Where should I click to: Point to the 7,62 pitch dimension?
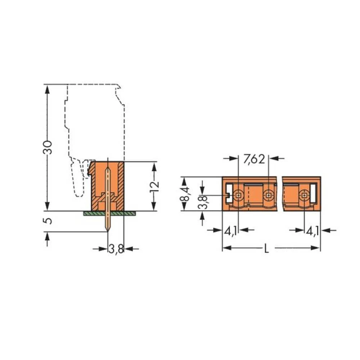click(254, 159)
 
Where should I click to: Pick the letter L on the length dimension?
click(266, 248)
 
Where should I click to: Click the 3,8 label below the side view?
click(116, 249)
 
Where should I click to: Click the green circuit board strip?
click(110, 213)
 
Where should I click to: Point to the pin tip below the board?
click(107, 230)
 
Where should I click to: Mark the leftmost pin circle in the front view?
click(238, 195)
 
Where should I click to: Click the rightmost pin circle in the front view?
click(305, 195)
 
